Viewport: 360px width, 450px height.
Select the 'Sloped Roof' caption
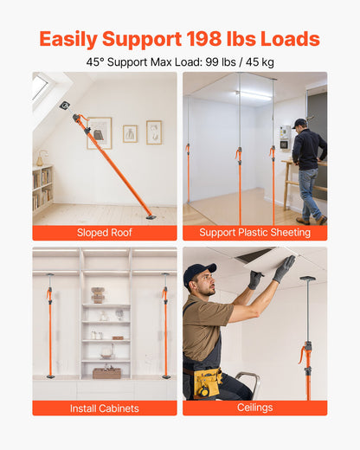coord(104,233)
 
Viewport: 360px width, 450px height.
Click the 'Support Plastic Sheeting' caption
coord(254,233)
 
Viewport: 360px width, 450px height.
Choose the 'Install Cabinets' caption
coord(104,408)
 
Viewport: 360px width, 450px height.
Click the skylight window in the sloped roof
coord(40,87)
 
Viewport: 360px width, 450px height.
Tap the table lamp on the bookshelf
coord(41,158)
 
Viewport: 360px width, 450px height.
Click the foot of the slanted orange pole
coord(151,216)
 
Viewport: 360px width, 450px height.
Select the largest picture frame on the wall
coord(100,132)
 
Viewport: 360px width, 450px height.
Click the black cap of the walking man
coord(299,123)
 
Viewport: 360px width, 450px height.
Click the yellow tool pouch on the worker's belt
coord(208,381)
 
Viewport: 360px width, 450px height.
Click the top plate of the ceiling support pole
coord(307,279)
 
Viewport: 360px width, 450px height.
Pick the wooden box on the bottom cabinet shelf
coord(107,373)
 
